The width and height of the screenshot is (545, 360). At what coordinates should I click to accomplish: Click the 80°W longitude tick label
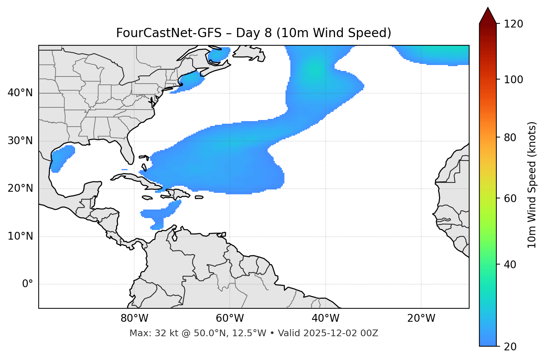134,318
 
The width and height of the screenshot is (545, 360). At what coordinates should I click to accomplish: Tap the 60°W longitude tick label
229,318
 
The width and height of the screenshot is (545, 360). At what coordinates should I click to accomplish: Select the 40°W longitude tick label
325,318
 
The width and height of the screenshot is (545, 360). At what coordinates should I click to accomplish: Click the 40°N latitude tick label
20,93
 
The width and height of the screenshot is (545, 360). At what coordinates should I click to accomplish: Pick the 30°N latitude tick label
20,141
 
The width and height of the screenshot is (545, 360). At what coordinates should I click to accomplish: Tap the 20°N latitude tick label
20,188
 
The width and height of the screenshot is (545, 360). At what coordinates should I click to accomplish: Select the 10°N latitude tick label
20,236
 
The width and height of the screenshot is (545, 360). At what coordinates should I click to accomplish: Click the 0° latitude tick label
28,284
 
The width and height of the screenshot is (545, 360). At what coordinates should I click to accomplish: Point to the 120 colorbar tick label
513,24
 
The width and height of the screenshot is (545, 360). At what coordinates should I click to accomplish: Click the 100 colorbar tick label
513,80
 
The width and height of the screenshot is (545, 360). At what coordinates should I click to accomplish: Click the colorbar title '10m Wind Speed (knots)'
532,185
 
